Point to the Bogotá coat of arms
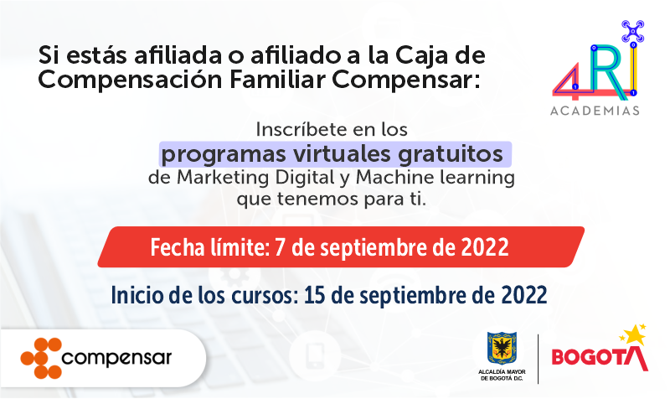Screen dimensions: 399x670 click(502, 347)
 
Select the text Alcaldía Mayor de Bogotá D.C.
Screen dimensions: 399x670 click(502, 374)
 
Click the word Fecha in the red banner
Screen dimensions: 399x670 click(178, 247)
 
